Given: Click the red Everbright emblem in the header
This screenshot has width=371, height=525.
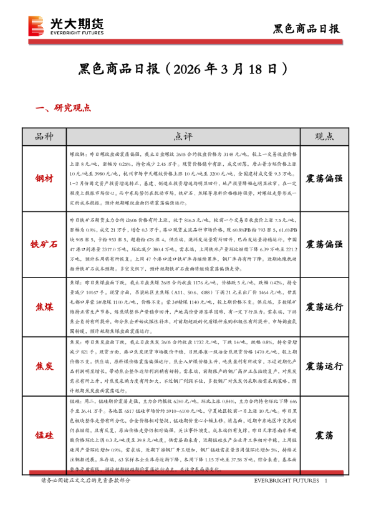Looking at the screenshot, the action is pos(36,26).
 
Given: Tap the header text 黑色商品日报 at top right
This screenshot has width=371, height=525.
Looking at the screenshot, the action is pos(307,29).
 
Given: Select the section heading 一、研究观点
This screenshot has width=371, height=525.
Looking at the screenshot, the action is pos(65,108).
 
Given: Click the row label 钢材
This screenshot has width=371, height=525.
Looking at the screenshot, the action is pos(44,178).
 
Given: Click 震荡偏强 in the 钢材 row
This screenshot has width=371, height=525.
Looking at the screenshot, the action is pos(324,179).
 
